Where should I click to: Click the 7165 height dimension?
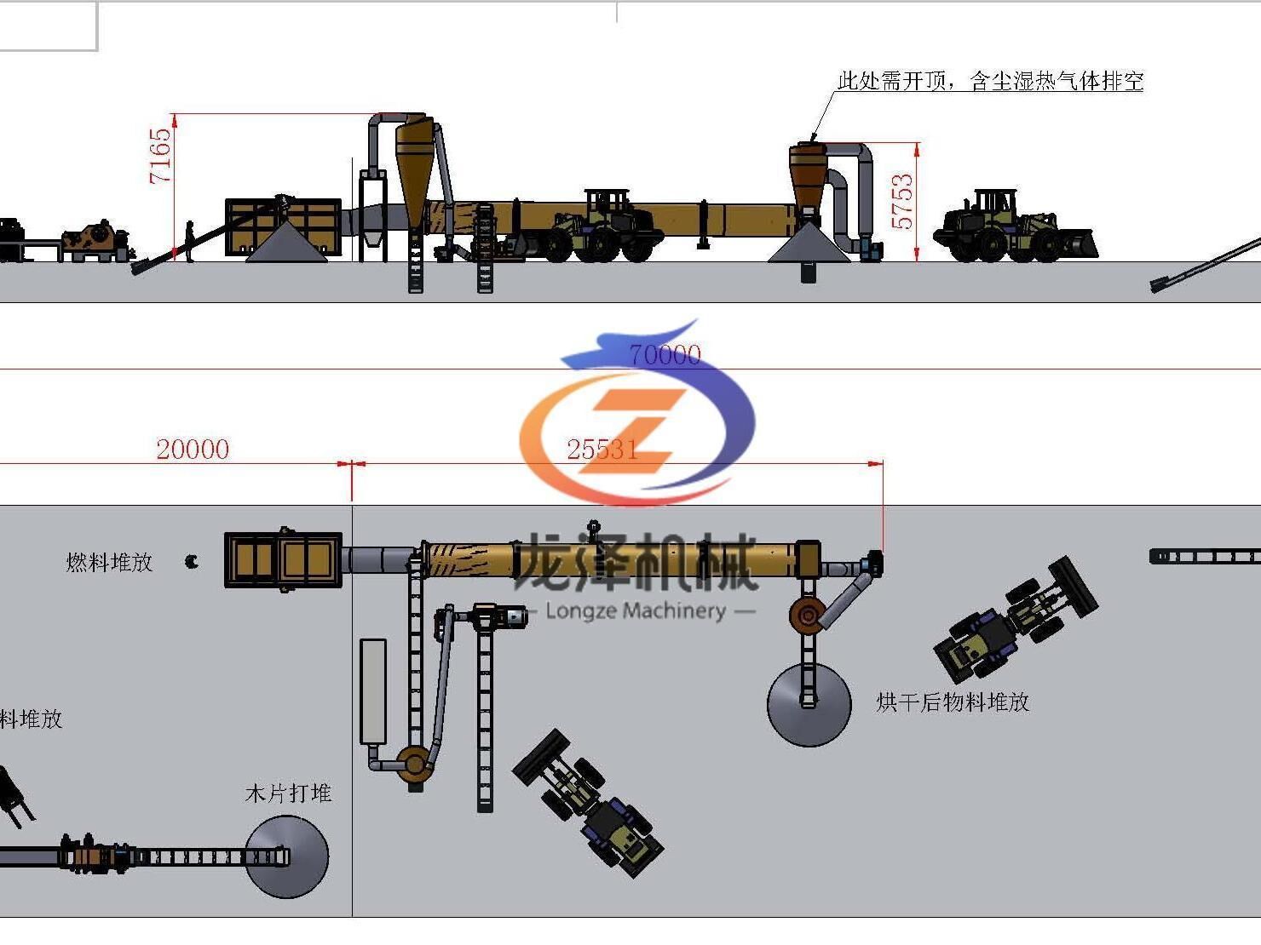click(x=160, y=156)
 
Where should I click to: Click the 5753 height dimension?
click(x=901, y=202)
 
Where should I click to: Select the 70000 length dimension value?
click(x=665, y=354)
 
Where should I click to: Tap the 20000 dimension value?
click(x=193, y=450)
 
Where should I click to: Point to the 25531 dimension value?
click(x=602, y=450)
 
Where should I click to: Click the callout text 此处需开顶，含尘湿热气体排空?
click(x=990, y=81)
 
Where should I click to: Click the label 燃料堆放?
click(x=109, y=562)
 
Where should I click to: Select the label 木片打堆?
click(x=288, y=793)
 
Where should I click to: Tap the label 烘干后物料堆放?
click(x=953, y=702)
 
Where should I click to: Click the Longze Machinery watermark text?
click(x=636, y=610)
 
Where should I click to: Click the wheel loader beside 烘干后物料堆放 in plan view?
click(x=1014, y=621)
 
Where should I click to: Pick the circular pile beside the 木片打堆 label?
click(x=287, y=856)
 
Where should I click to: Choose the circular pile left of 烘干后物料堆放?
click(x=809, y=705)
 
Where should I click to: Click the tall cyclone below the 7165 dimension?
click(x=414, y=170)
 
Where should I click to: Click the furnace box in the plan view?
click(x=283, y=559)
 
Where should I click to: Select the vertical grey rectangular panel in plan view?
click(x=373, y=691)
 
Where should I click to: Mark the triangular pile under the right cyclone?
click(x=809, y=244)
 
